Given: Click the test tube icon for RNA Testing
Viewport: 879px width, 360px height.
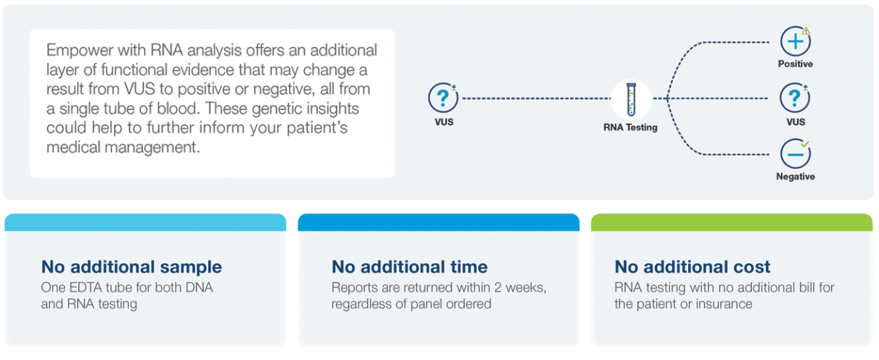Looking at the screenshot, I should (x=630, y=99).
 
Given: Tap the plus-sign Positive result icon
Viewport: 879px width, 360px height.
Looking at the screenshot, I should (x=795, y=42).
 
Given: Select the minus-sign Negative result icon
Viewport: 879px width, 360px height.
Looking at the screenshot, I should (x=795, y=155).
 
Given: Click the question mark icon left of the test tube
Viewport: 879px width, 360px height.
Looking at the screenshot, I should (x=444, y=98).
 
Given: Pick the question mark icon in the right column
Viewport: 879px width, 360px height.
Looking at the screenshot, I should (x=795, y=98).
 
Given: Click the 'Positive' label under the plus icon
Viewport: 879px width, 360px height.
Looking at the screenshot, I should (x=795, y=64).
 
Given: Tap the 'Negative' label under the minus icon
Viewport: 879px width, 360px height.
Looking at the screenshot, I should (x=795, y=177).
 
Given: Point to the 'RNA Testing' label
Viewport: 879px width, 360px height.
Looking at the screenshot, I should (x=630, y=127).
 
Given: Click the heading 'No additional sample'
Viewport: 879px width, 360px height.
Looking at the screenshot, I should (x=131, y=267).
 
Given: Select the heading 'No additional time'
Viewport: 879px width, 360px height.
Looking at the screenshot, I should (x=409, y=267).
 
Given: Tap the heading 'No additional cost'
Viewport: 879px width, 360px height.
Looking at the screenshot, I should (x=692, y=267).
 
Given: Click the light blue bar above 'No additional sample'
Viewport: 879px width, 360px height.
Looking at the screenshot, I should (x=145, y=222).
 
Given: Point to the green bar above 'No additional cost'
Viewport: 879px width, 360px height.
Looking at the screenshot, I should (x=731, y=222).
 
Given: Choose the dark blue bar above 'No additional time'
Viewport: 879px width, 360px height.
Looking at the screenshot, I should (x=438, y=222).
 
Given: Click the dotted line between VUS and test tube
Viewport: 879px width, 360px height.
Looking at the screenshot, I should (x=536, y=98).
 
